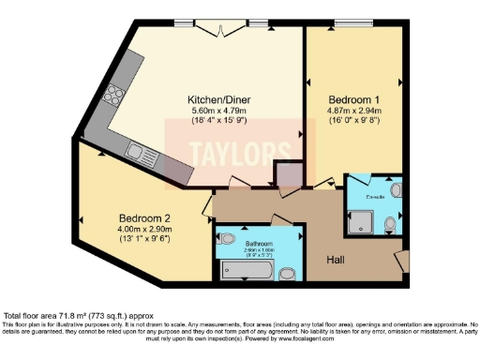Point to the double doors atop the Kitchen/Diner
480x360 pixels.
pyautogui.click(x=221, y=32)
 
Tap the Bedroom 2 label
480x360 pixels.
pyautogui.click(x=142, y=215)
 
